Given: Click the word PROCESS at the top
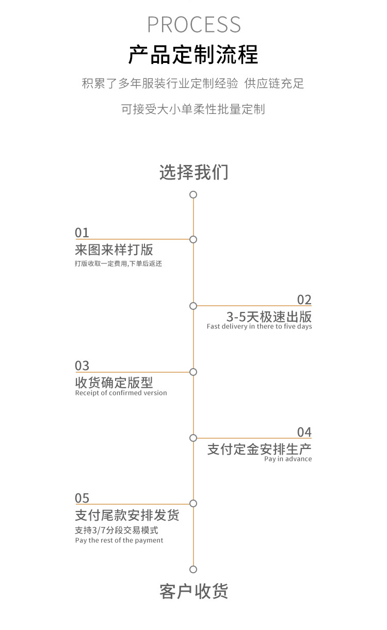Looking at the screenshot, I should coord(193,25).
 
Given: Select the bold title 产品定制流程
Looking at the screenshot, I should coord(193,55).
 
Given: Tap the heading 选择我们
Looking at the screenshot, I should coord(193,172).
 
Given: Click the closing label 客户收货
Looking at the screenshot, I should coord(193,591).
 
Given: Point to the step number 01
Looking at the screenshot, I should coord(82,233).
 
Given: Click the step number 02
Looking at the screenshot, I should coord(304,300).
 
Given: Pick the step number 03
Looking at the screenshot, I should coord(82,366).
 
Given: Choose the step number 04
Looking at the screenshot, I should coord(304,432).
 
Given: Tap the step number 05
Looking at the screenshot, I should coord(82,498).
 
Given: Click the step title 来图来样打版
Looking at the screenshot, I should coord(114,250).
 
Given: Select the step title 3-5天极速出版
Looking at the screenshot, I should coord(269,316).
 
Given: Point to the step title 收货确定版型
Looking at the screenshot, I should coord(114,383).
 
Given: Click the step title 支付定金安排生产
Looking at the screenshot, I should coord(260,449).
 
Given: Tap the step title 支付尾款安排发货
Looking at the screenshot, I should coord(127,515).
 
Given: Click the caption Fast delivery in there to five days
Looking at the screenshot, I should coord(260,326).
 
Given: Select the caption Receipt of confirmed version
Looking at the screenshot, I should coord(121,393).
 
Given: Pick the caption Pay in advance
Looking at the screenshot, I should coord(288,459).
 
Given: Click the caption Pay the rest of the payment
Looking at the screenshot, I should coord(119,540).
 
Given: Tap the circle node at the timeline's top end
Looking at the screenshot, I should coord(193,194).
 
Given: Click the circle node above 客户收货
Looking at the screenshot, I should coord(193,569).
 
